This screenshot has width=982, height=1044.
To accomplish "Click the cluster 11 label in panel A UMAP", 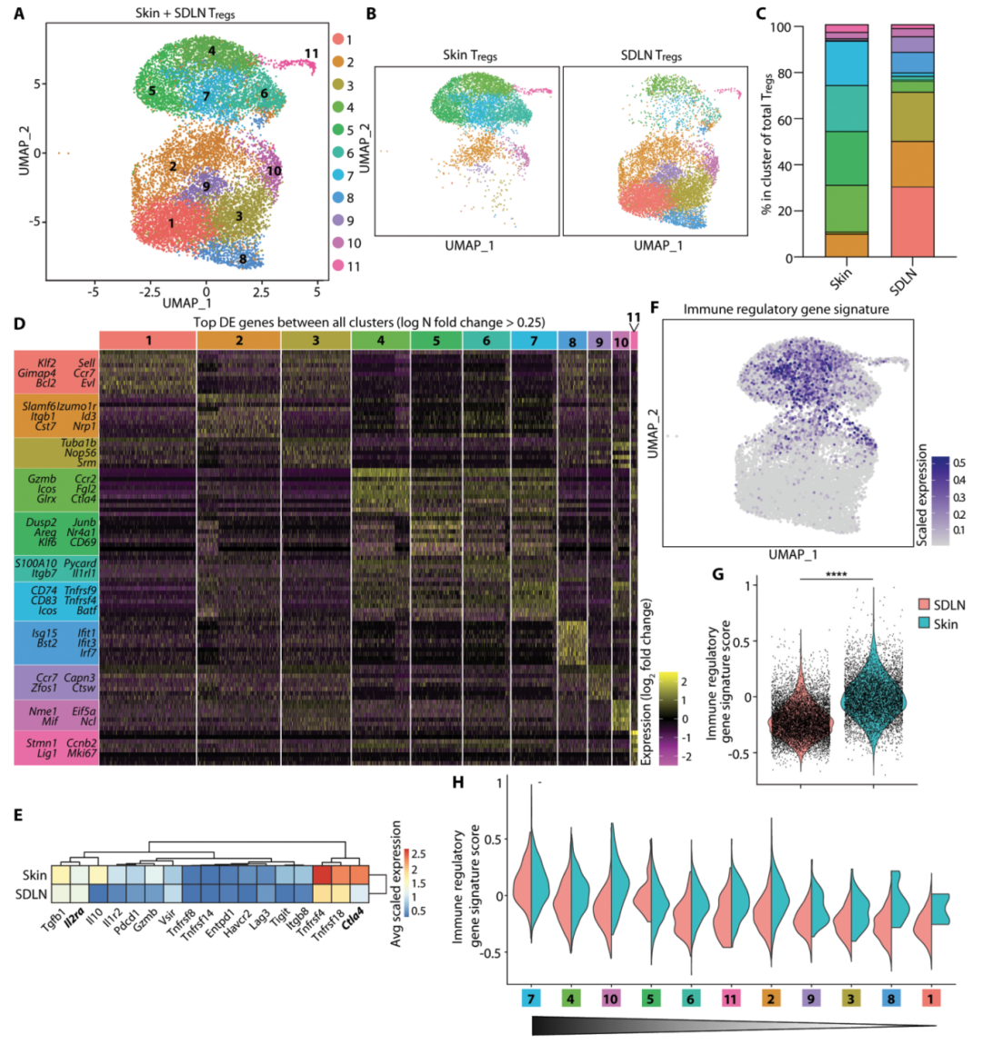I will [x=311, y=54].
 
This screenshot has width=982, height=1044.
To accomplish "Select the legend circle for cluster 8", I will [x=337, y=198].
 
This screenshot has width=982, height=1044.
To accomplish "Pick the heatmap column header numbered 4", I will [x=380, y=340].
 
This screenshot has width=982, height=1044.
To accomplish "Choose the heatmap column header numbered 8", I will [x=572, y=341].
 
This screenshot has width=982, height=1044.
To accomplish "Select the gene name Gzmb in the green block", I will [x=42, y=478].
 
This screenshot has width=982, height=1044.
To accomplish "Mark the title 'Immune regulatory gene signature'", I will [x=786, y=310].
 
